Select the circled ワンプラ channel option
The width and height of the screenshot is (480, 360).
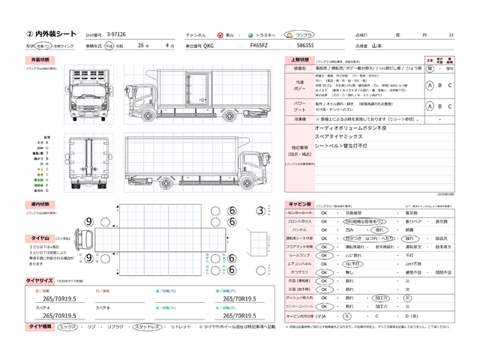click(304, 35)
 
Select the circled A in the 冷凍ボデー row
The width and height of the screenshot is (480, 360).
click(430, 85)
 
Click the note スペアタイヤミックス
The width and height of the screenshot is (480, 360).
click(324, 138)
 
